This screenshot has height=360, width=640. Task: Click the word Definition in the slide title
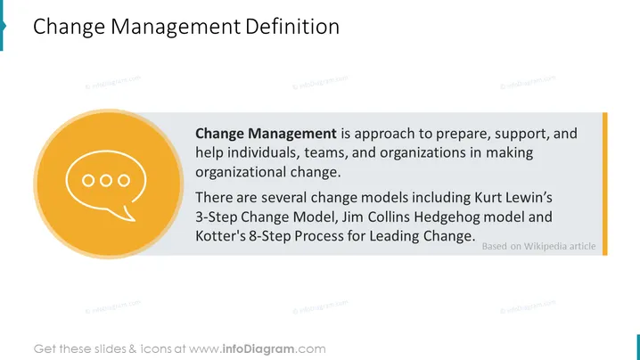point(292,27)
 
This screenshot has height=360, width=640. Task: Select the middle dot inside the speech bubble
point(106,180)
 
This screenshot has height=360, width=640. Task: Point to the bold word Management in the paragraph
point(292,134)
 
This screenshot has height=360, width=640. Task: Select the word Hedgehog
point(447,217)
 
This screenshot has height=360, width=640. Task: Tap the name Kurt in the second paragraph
point(488,198)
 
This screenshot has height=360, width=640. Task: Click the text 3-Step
point(217,217)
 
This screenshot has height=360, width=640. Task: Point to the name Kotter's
point(220,236)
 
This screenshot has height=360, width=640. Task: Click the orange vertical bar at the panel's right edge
point(605,184)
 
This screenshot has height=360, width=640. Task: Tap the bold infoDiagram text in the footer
point(258,349)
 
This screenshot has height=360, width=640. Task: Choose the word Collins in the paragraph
point(391,217)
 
